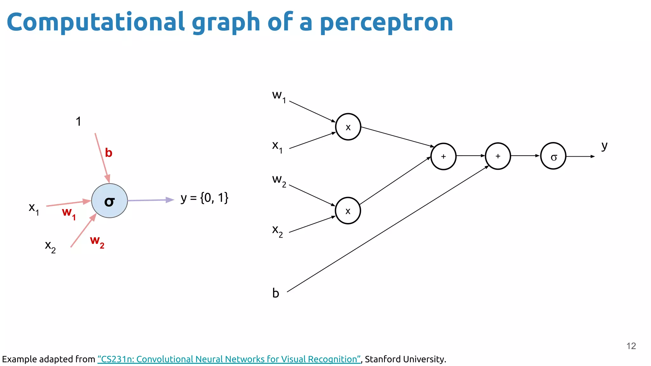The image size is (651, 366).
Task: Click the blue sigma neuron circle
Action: tap(109, 201)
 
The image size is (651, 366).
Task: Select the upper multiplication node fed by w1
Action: tap(348, 127)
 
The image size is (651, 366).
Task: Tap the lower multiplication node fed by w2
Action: tap(348, 211)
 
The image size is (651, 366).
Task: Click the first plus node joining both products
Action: tap(443, 156)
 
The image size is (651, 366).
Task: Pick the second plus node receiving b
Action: tap(498, 156)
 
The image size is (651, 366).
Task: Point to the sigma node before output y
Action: tap(553, 156)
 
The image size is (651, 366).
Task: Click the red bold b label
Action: tap(109, 153)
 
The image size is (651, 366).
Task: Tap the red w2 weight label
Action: tap(97, 241)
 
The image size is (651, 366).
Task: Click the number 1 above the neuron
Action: tap(79, 121)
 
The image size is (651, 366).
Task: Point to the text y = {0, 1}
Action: tap(204, 198)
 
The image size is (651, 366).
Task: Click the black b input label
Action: tap(276, 293)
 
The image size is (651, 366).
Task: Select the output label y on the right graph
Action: tap(604, 146)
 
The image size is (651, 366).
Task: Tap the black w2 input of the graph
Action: tap(279, 180)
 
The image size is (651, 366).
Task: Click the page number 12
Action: tap(631, 346)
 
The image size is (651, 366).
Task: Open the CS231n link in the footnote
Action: tap(229, 359)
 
